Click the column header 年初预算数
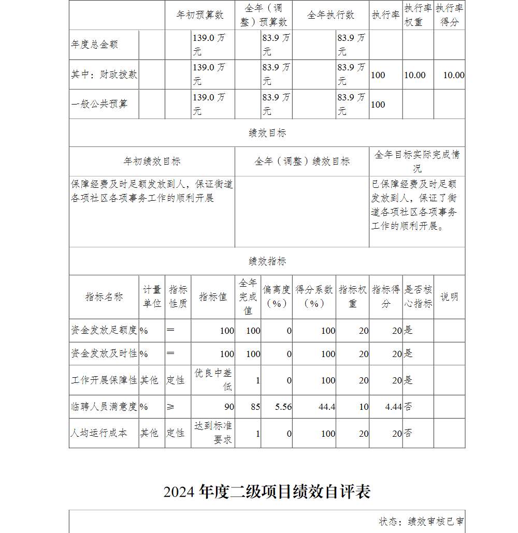tap(200, 15)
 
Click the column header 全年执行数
tap(330, 15)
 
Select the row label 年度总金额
tap(95, 45)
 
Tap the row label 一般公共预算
tap(99, 104)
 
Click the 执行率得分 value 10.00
tap(453, 75)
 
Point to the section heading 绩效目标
tap(267, 133)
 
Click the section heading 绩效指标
tap(267, 261)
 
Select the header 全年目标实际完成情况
tap(416, 161)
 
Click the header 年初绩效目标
tap(152, 161)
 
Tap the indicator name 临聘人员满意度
tap(104, 407)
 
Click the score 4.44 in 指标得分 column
tap(393, 407)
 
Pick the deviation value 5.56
tap(283, 407)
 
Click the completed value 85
tap(255, 407)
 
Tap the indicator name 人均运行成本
tap(99, 433)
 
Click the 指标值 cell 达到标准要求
tap(213, 433)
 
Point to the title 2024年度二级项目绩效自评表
tap(267, 492)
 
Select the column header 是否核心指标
tap(418, 297)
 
